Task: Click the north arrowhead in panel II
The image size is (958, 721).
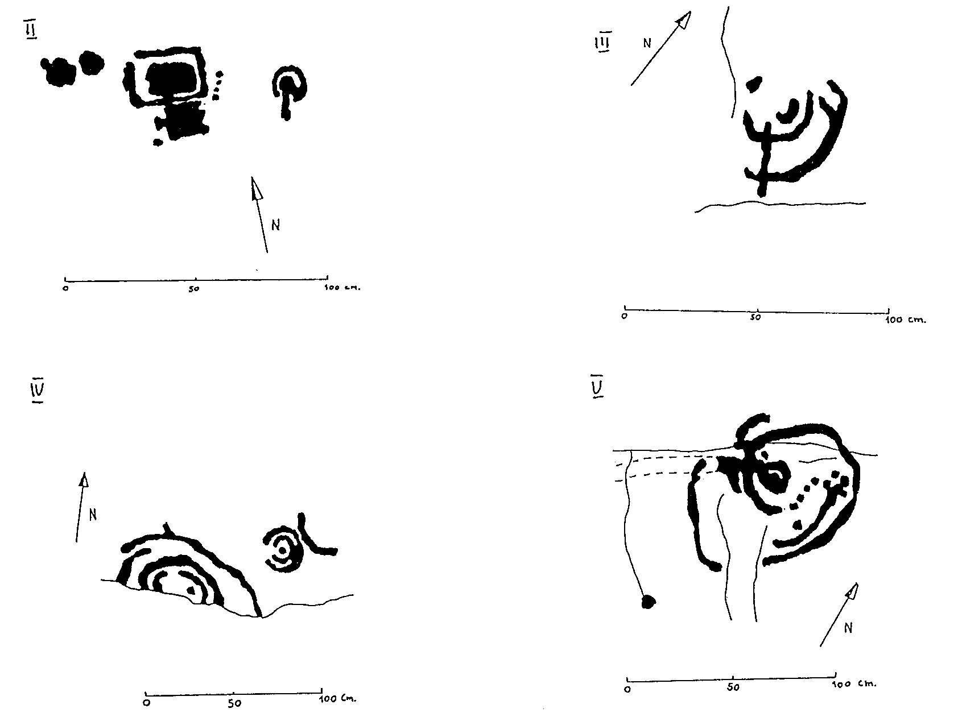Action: (x=256, y=188)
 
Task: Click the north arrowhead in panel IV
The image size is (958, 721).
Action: (x=84, y=480)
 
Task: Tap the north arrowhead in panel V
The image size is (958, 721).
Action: (x=851, y=591)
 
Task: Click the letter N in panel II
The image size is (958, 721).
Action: (x=276, y=225)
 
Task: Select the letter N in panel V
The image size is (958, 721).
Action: (x=848, y=628)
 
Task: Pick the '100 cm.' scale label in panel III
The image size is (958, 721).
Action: (x=907, y=320)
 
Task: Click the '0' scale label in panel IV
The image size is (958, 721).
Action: (x=146, y=703)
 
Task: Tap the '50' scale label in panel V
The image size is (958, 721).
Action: (x=733, y=687)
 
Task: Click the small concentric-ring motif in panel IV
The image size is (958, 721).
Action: (x=282, y=550)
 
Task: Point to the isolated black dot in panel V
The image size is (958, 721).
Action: (x=647, y=601)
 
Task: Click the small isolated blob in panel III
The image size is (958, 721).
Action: (x=754, y=85)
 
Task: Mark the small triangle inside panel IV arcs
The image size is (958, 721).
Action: (x=191, y=591)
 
